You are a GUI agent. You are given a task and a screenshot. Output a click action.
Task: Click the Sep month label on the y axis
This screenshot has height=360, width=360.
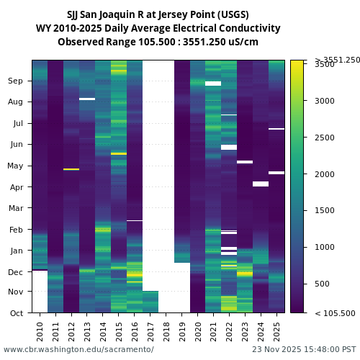click(15, 81)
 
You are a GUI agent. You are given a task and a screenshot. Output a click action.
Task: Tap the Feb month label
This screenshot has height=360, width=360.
click(16, 230)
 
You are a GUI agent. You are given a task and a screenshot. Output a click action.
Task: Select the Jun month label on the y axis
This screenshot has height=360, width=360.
click(16, 145)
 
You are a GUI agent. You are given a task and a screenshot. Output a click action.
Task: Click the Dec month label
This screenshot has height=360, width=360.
click(15, 272)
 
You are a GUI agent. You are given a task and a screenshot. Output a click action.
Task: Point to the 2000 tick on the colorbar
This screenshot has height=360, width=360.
click(324, 174)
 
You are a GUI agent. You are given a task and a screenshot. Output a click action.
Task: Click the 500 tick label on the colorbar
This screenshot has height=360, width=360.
click(322, 284)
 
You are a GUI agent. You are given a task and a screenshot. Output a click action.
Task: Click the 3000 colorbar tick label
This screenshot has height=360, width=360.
click(324, 101)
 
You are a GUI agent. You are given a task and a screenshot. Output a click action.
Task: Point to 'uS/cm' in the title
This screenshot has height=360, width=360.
click(243, 42)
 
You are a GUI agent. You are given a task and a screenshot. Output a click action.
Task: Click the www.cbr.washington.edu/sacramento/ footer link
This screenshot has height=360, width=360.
click(78, 350)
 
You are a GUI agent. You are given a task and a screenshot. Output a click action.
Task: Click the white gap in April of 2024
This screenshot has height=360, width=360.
click(261, 184)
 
